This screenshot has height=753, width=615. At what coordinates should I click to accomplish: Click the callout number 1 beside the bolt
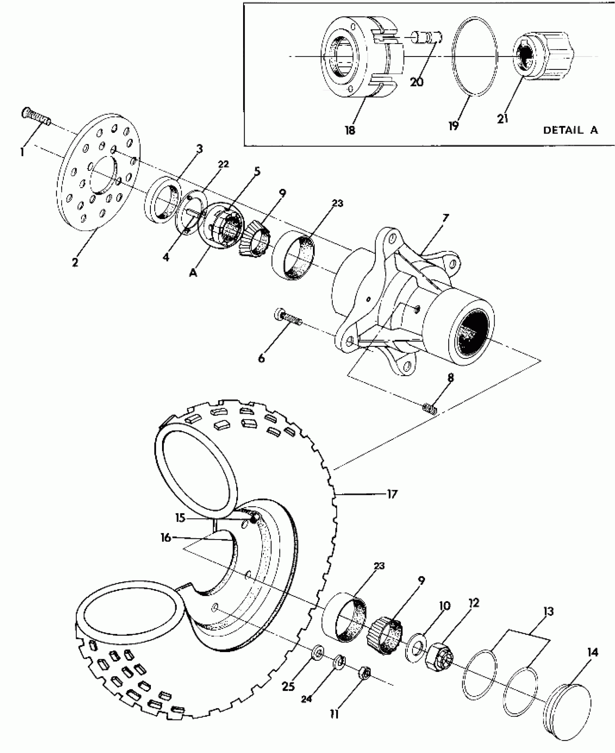[x=22, y=152]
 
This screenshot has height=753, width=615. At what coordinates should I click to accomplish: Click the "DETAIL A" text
[x=571, y=130]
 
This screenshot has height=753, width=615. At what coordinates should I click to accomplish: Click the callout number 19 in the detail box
[x=453, y=125]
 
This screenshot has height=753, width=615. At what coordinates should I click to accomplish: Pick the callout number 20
[x=417, y=82]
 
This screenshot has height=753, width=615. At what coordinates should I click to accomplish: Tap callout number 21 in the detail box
[x=502, y=118]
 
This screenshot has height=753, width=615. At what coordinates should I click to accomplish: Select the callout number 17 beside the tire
[x=392, y=494]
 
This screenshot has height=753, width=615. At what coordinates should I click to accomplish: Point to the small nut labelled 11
[x=365, y=673]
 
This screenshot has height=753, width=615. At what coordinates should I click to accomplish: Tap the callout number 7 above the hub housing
[x=445, y=218]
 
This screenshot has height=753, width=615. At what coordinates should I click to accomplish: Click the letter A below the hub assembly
[x=193, y=274]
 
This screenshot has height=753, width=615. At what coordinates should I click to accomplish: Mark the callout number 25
[x=288, y=686]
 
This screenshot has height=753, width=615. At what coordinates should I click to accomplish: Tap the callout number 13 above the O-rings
[x=548, y=612]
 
